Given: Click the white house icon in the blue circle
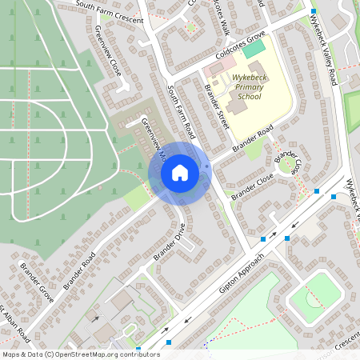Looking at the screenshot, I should pyautogui.click(x=180, y=173).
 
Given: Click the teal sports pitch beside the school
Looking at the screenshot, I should pyautogui.click(x=254, y=49).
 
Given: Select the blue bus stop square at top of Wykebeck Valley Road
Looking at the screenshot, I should pyautogui.click(x=314, y=11).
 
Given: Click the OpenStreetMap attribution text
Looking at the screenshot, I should pyautogui.click(x=70, y=354).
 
